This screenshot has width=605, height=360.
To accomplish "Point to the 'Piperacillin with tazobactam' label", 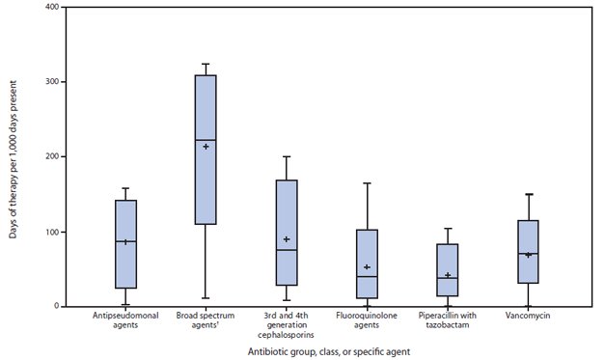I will click(448, 320).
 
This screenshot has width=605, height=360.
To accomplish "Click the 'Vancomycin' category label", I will click(528, 315).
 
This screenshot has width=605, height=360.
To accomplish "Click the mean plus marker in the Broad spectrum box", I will click(206, 147).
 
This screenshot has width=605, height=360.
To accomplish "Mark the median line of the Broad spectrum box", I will click(206, 140).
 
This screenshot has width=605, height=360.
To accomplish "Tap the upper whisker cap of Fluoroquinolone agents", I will click(367, 183).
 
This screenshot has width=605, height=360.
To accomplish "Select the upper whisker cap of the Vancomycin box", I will click(528, 194).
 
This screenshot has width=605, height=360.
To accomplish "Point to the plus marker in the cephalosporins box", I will click(287, 239).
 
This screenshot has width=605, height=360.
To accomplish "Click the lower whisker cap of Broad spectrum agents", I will click(206, 298).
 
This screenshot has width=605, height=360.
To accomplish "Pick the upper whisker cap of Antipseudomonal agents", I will click(125, 188).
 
